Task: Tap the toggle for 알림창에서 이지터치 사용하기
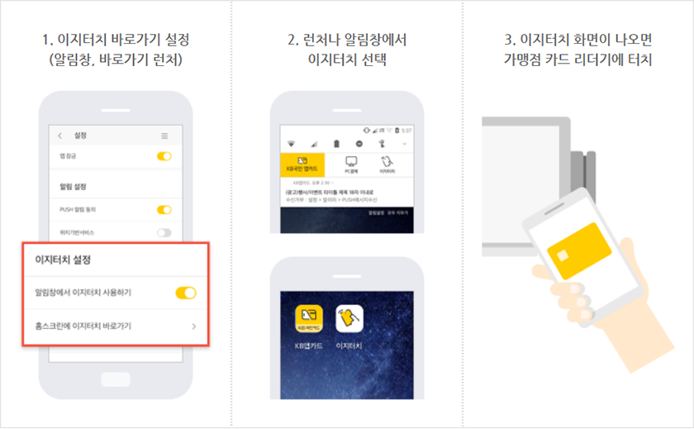(x=186, y=293)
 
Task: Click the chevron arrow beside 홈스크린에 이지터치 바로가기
(x=194, y=327)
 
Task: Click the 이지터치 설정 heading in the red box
(x=63, y=260)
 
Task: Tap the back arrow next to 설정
(x=59, y=136)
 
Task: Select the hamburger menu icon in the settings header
(x=164, y=136)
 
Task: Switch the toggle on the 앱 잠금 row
(x=164, y=155)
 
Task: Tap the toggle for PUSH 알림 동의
(x=164, y=210)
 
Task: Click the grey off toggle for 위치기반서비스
(x=164, y=232)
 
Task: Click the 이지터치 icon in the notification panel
(x=387, y=163)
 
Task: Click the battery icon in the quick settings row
(x=336, y=143)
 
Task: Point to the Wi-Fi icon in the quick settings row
(x=291, y=143)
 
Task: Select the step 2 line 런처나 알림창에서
(x=347, y=40)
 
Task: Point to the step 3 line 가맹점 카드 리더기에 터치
(x=578, y=60)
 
